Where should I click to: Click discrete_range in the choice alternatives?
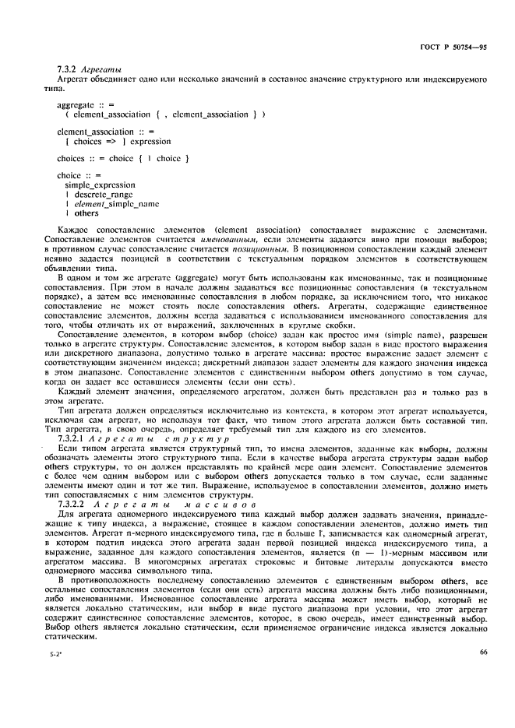pos(103,194)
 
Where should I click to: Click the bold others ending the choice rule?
pos(86,213)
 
